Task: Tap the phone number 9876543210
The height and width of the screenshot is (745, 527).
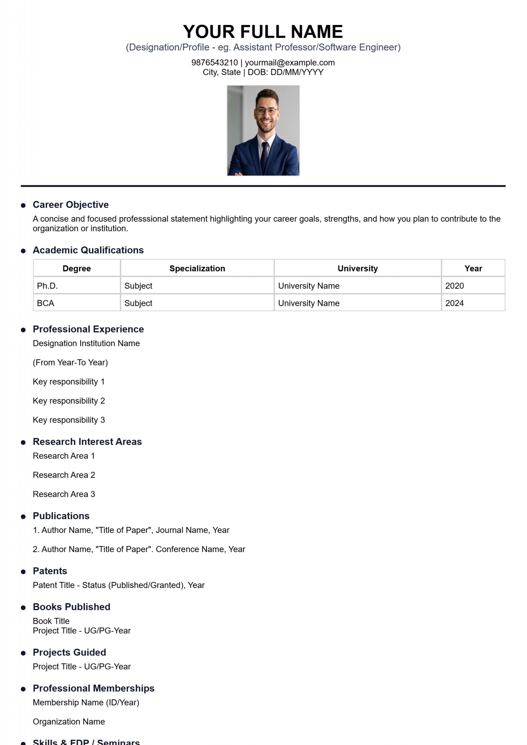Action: pos(215,63)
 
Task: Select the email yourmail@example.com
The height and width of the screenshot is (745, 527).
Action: pos(290,63)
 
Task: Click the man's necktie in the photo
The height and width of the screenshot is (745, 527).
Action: pos(264,156)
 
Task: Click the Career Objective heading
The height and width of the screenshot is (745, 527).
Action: pos(71,205)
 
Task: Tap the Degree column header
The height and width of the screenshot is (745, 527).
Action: pos(77,268)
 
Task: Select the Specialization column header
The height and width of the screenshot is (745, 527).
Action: pos(197,268)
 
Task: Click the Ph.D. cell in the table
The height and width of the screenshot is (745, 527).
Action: pos(47,286)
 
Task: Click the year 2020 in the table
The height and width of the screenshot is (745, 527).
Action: pos(454,286)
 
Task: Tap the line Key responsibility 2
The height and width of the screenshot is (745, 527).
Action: pos(69,401)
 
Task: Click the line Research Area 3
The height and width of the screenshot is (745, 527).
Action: pos(64,494)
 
